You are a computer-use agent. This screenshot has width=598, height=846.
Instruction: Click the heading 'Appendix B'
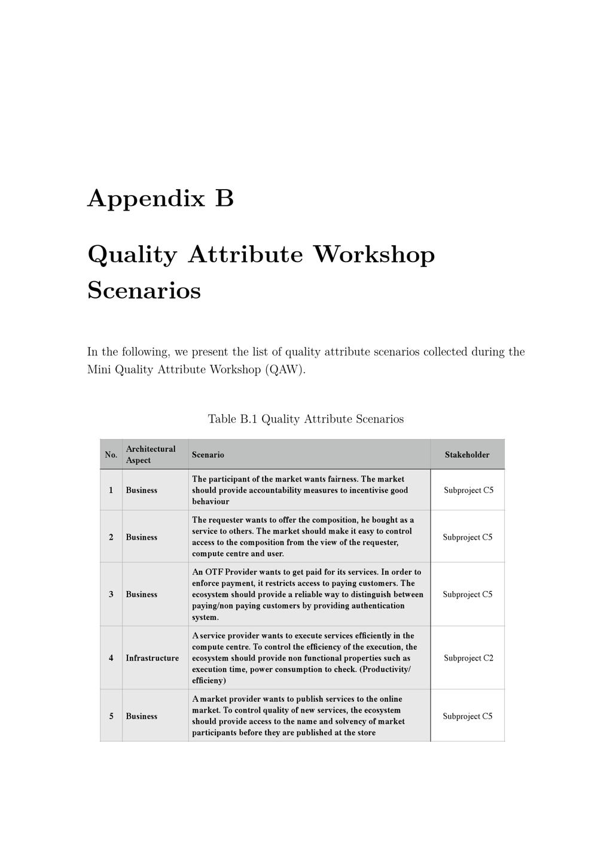160,199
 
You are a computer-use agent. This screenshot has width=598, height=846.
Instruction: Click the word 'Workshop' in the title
374,255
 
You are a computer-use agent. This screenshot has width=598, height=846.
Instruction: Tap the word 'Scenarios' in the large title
144,291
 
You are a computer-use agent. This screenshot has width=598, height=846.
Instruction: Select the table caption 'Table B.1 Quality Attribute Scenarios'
306,419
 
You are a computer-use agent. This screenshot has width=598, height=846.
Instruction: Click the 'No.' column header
111,455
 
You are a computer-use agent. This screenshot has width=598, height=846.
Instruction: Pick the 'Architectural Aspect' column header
151,455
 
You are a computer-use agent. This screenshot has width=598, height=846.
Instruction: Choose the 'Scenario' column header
208,455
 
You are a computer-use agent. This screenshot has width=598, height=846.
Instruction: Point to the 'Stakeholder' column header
467,455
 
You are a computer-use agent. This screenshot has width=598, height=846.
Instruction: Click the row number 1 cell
111,490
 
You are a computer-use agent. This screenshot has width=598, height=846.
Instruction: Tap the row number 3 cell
111,594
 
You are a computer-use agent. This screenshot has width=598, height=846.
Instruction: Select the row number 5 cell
111,716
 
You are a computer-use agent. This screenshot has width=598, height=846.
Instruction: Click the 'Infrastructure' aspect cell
152,658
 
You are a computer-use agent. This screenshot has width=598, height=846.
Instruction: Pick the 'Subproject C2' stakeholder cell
468,658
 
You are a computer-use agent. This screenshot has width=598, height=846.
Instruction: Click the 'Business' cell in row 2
142,537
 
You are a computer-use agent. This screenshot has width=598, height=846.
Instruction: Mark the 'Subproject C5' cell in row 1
468,490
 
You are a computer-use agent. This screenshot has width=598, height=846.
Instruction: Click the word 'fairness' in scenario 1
342,479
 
